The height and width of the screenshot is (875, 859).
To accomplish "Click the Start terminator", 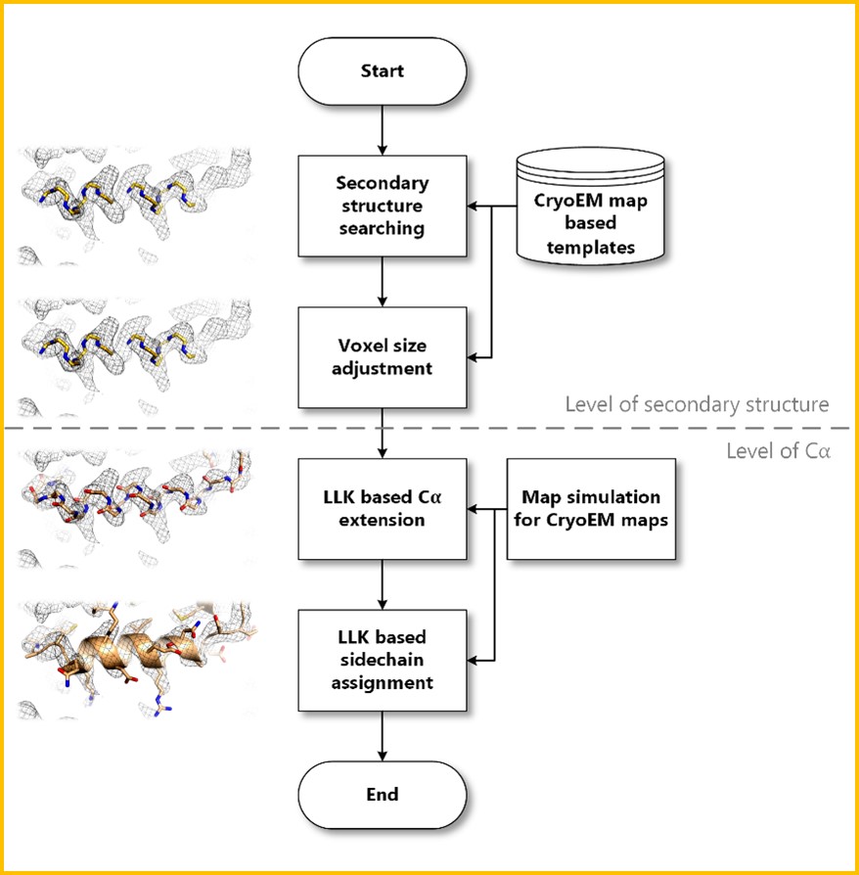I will point(382,71).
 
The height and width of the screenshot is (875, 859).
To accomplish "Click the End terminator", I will point(382,793).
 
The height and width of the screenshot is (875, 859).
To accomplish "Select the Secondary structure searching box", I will point(382,207).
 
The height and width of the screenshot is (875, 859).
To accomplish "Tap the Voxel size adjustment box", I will point(382,357).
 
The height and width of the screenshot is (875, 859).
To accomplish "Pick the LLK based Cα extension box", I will point(382,509).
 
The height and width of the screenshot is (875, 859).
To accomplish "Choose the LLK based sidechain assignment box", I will point(382,659).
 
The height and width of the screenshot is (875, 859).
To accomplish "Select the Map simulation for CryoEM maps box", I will point(590,509).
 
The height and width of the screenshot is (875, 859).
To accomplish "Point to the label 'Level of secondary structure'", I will point(697,403).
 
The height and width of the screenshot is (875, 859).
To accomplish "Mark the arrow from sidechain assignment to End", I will point(382,734).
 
